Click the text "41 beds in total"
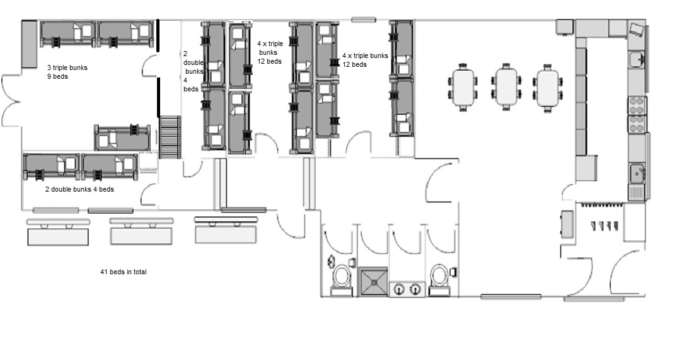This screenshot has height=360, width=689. (124, 272)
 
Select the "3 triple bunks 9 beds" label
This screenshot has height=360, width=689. (67, 72)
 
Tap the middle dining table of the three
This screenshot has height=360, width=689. (506, 86)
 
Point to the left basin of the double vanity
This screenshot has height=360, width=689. (399, 289)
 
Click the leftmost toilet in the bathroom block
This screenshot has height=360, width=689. (342, 279)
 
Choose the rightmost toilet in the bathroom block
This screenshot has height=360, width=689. (439, 279)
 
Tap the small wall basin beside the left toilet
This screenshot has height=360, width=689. (330, 262)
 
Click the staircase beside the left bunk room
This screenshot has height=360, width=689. (170, 137)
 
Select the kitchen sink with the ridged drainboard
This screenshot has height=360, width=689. (637, 181)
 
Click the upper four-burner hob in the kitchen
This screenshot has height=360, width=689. (637, 105)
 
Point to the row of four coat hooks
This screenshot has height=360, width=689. (605, 226)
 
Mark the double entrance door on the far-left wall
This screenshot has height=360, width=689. (11, 102)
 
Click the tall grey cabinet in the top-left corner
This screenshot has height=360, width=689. (30, 44)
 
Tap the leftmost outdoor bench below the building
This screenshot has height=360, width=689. (58, 232)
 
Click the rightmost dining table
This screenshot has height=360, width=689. (548, 86)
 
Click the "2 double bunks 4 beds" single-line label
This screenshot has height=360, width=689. (79, 189)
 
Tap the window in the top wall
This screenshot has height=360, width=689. (363, 20)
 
